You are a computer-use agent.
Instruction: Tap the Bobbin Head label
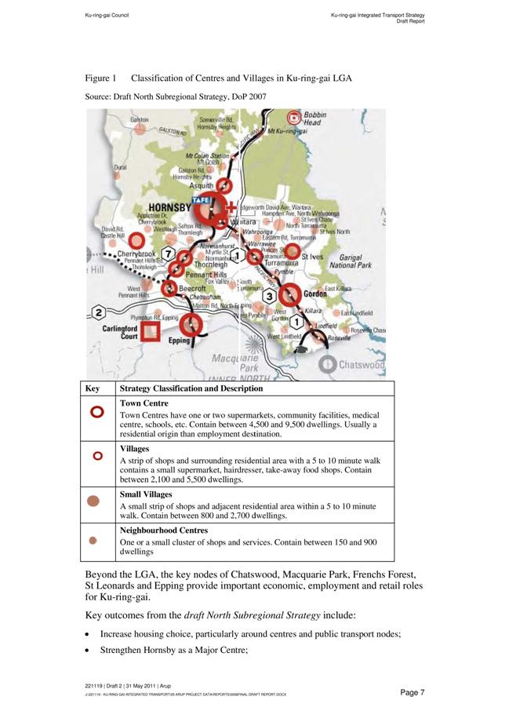coord(314,119)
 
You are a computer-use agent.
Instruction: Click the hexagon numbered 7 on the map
coord(168,254)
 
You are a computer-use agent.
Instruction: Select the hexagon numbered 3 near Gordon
coord(270,297)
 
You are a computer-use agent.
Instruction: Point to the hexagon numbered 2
coord(98,313)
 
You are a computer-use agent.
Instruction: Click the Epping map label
coord(179,341)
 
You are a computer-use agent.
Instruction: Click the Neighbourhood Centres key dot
coord(93,540)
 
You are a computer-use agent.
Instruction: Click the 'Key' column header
coord(93,388)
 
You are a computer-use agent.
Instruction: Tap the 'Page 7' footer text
coord(412,692)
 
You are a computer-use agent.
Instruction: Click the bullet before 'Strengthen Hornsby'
coord(88,651)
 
